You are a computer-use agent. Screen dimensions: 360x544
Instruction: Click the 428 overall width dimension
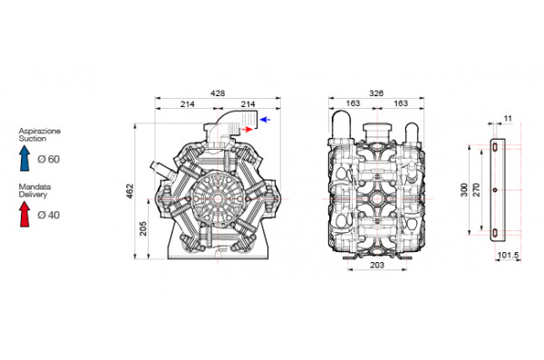218,92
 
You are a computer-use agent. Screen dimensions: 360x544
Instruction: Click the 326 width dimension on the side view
375,92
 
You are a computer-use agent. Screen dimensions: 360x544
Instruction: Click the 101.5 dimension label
509,256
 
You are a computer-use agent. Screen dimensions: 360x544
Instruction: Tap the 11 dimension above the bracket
508,119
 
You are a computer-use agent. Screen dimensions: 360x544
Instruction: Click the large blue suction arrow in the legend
25,160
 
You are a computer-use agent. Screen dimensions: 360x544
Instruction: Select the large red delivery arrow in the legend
25,213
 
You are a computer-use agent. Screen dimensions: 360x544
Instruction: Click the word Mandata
33,186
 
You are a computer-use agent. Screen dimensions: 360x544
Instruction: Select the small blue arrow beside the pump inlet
265,119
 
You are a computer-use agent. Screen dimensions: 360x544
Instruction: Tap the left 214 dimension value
187,105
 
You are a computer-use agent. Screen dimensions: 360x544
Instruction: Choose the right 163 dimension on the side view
397,105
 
